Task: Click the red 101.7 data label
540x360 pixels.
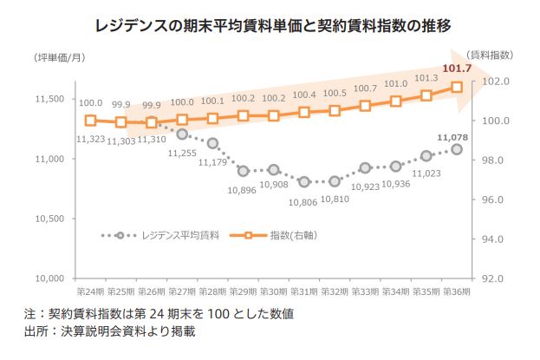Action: click(x=457, y=68)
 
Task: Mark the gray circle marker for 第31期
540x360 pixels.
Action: click(x=304, y=181)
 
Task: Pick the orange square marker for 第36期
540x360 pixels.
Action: click(x=457, y=87)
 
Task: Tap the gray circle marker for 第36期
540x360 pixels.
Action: click(x=457, y=149)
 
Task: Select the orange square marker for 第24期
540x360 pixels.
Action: click(x=90, y=121)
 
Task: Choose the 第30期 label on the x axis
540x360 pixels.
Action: click(x=273, y=292)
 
